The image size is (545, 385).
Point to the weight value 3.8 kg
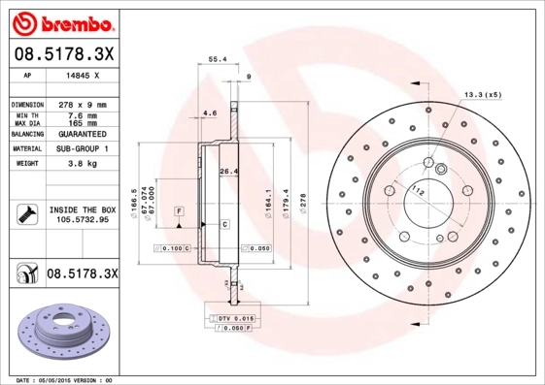(83, 165)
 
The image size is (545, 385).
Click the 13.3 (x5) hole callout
(483, 94)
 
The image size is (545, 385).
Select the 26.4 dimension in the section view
(228, 172)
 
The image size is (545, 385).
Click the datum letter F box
(180, 210)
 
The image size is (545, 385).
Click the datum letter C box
(224, 224)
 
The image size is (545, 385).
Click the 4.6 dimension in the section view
(208, 113)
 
